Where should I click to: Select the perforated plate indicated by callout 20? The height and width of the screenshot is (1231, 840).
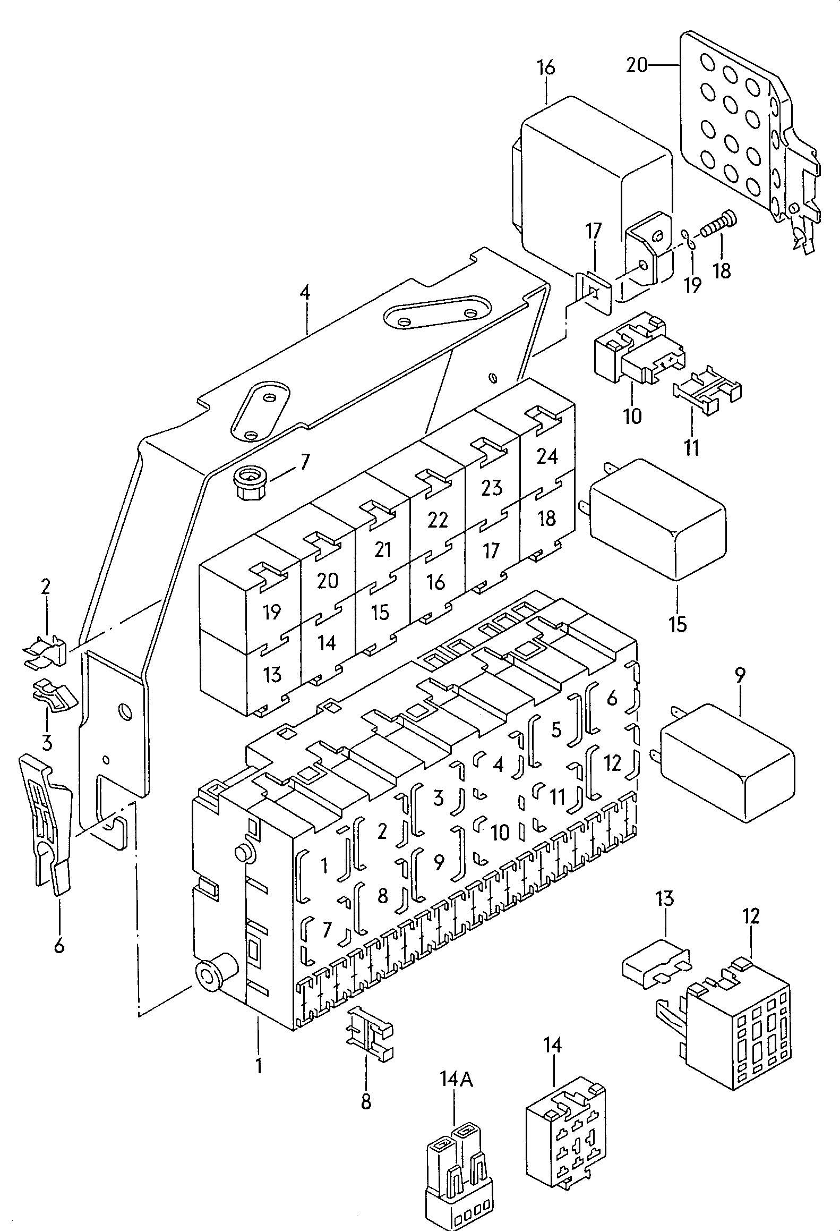tap(743, 133)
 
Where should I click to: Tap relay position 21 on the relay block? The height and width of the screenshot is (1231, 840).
tap(383, 549)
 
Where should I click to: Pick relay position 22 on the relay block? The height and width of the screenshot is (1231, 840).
tap(438, 519)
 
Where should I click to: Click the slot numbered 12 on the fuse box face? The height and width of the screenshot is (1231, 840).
tap(612, 763)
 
